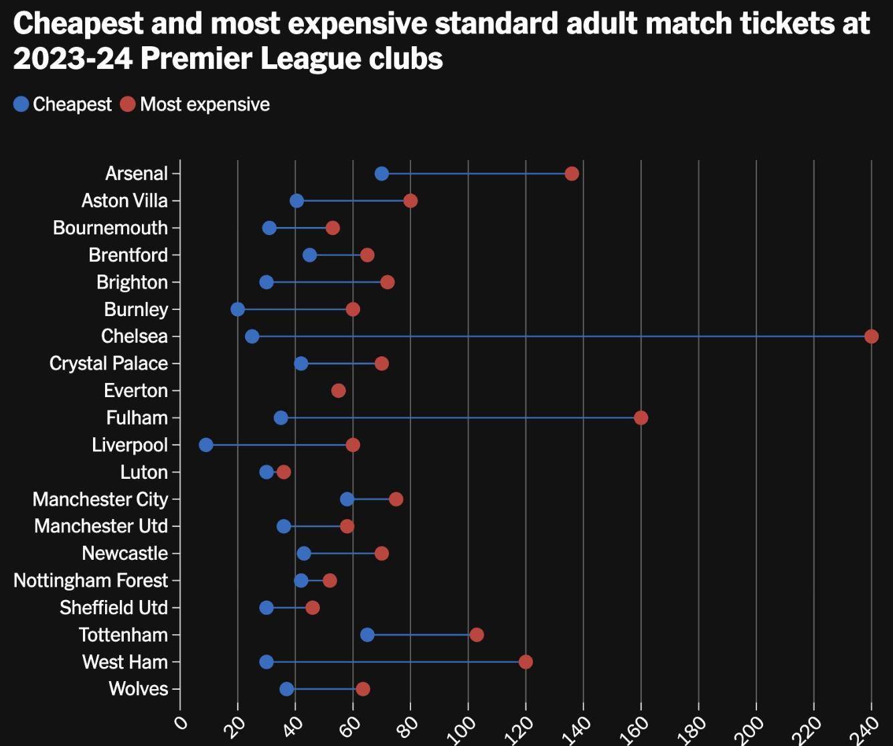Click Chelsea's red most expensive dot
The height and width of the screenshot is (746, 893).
871,336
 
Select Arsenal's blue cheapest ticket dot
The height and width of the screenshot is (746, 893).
382,174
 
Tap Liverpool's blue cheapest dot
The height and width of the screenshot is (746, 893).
206,445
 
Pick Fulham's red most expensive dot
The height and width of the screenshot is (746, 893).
641,418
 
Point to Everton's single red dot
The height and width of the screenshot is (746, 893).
339,391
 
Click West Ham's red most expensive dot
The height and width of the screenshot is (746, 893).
525,662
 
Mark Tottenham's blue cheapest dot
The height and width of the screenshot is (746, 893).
368,635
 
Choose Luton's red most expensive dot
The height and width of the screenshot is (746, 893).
284,472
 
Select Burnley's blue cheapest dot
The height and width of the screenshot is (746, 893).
238,309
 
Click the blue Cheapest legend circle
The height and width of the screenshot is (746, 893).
21,104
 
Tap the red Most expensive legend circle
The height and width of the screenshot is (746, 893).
128,104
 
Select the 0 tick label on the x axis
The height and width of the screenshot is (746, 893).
180,723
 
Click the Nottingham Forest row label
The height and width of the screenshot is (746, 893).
90,581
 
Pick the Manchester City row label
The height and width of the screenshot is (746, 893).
100,500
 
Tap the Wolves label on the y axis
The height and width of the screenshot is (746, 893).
138,689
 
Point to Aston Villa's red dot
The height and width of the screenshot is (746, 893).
410,201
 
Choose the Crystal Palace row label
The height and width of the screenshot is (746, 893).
108,364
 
